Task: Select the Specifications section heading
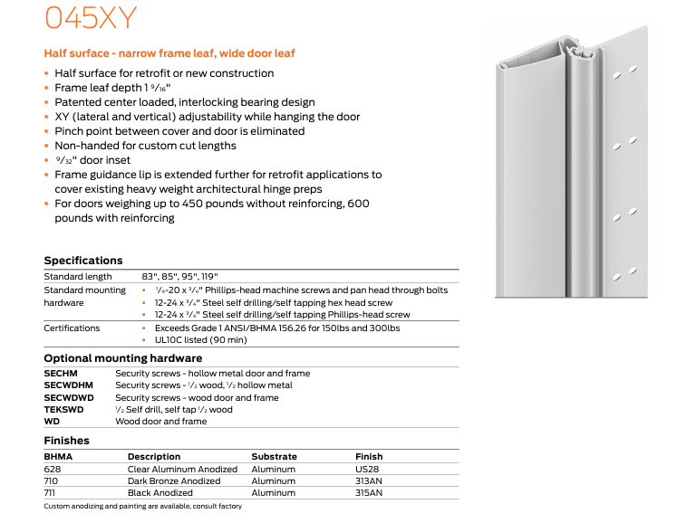pos(83,261)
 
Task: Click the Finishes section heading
pos(66,441)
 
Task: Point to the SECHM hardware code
pos(61,373)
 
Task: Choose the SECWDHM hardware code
pos(68,385)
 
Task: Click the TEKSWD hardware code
pos(63,409)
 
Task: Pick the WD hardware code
pos(52,421)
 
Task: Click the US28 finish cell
pos(367,470)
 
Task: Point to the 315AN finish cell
pos(370,493)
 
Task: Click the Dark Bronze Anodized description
pos(174,481)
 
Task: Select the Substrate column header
pos(274,457)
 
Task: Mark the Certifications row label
pos(73,328)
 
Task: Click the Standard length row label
pos(78,276)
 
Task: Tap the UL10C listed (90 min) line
pos(199,340)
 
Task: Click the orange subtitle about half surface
pos(169,54)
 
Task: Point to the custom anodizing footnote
pos(143,506)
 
